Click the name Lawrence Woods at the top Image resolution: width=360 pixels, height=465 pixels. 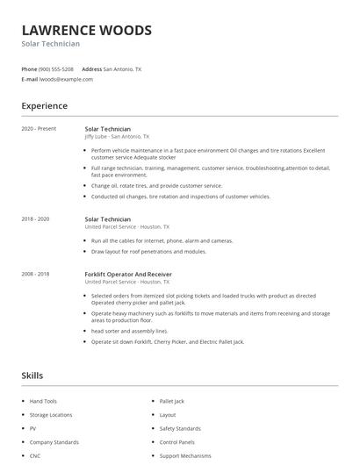86,30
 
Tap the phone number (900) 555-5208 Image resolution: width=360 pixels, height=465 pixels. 57,68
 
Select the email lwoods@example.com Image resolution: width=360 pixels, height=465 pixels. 67,79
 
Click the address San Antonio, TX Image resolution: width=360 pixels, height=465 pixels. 122,68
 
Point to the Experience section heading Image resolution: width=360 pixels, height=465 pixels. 44,106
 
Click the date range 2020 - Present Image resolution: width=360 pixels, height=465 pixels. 39,129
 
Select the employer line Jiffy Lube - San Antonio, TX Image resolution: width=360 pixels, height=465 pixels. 117,137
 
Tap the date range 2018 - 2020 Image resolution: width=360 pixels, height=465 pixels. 35,219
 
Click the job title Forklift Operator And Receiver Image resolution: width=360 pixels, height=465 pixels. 128,274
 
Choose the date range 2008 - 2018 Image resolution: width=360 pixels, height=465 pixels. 35,274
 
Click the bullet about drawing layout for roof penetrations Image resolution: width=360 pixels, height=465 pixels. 148,251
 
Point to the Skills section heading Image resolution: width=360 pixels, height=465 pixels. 32,376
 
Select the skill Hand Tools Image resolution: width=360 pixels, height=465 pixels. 43,401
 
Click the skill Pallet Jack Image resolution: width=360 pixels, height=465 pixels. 172,401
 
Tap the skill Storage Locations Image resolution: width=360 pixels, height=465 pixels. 51,415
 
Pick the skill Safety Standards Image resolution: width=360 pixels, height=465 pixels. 180,429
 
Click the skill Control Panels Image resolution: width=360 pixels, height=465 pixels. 177,443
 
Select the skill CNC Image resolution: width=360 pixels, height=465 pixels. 35,456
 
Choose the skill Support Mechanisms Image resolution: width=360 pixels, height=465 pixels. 184,456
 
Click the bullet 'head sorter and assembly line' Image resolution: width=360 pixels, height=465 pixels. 129,331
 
